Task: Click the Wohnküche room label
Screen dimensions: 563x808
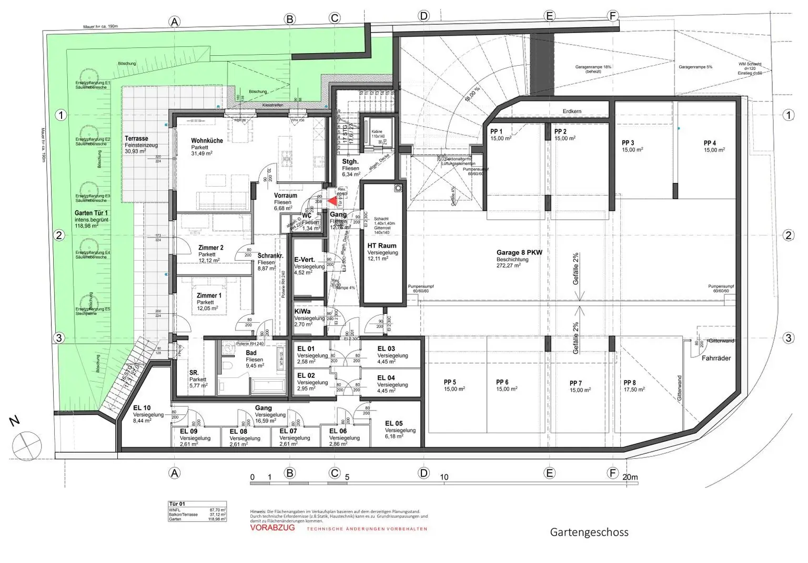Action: (x=207, y=141)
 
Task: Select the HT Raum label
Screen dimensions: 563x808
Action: (x=382, y=245)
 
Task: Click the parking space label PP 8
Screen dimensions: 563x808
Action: (x=630, y=383)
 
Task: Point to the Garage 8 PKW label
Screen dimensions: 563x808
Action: (x=519, y=252)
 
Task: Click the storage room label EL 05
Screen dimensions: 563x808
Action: (x=393, y=423)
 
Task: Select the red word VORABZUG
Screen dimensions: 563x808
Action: (x=272, y=527)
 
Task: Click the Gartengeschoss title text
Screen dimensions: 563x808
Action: (x=589, y=532)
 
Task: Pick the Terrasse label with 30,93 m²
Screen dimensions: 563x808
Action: (x=136, y=139)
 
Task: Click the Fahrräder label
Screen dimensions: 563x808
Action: (x=716, y=358)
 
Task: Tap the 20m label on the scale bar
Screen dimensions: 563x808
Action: (x=630, y=477)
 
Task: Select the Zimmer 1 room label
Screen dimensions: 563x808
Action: (x=209, y=295)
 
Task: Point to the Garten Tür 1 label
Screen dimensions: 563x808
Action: (x=91, y=213)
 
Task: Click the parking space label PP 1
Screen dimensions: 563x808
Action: (x=496, y=131)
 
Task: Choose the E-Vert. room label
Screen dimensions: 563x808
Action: (x=305, y=260)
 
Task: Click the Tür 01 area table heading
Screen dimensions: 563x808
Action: (x=177, y=504)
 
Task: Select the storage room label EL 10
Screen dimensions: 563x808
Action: (x=142, y=407)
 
